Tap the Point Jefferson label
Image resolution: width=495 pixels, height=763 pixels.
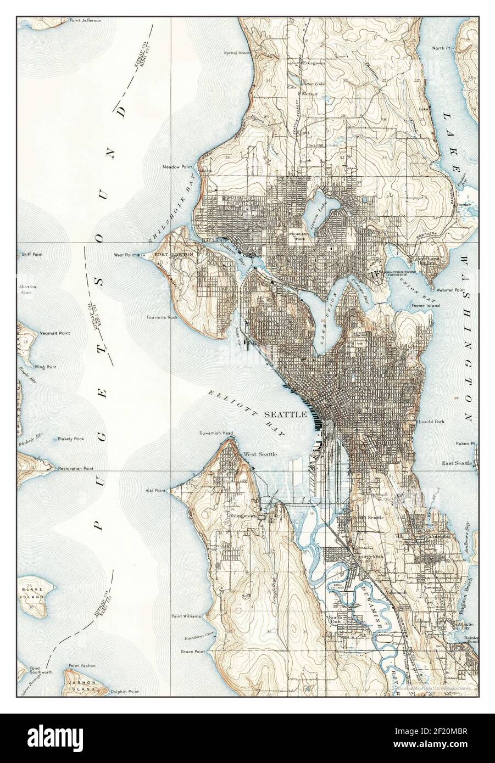85,20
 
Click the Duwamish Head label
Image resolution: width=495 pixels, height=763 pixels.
216,433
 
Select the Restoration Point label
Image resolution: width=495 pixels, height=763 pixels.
76,469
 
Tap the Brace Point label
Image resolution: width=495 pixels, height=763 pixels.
192,652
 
